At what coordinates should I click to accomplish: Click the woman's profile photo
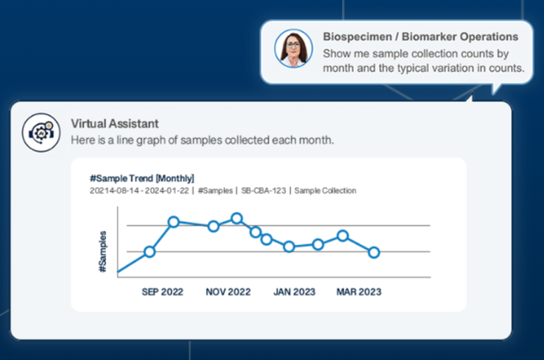tap(293, 48)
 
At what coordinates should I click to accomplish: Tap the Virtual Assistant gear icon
tap(41, 132)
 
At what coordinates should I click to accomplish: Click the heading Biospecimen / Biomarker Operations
tap(420, 37)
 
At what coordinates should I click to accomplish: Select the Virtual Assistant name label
tap(115, 124)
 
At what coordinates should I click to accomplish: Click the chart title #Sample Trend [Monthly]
tap(141, 178)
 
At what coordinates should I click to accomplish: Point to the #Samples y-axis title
tap(103, 251)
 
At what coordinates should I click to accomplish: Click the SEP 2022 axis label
tap(162, 292)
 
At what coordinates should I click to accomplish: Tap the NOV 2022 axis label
tap(228, 292)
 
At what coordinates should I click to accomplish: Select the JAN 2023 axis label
tap(294, 292)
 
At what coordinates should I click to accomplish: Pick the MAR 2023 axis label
tap(358, 292)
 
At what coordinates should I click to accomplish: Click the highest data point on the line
tap(237, 219)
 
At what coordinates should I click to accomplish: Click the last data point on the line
tap(374, 252)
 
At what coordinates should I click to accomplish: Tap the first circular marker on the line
tap(150, 252)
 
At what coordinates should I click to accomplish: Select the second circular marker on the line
tap(174, 222)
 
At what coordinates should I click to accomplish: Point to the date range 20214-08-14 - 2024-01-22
tap(139, 191)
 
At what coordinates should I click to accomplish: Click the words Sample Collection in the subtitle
tap(325, 191)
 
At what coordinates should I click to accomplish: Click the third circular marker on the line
tap(213, 226)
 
